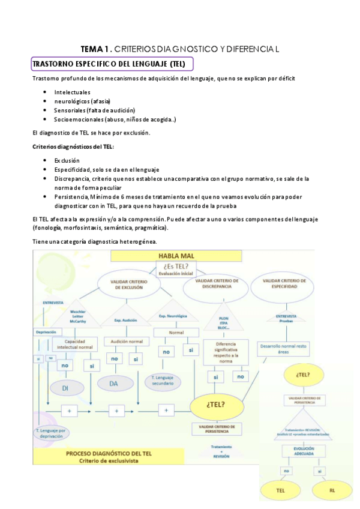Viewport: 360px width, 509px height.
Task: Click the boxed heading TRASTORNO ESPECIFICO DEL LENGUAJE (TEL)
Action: point(112,64)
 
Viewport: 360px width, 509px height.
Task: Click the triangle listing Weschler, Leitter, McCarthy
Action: point(82,316)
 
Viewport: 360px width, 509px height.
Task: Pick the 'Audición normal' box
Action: point(125,341)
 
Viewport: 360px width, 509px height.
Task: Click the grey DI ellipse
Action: point(66,388)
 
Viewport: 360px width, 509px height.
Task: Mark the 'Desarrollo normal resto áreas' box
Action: point(284,349)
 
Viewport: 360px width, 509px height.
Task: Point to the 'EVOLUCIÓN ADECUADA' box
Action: point(304,451)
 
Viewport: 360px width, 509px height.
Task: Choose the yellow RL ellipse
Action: point(331,490)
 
